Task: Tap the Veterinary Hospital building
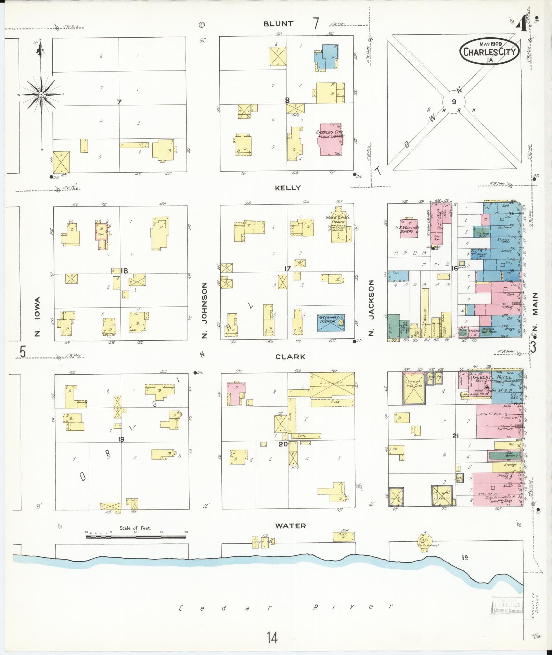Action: pos(331,323)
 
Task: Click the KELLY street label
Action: pos(288,188)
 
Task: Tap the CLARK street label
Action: pos(290,357)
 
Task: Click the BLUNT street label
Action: pos(278,24)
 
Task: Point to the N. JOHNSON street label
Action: pos(205,310)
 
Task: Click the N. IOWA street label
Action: pos(37,316)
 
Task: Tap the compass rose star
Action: pos(41,95)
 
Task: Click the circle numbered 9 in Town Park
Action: pos(454,102)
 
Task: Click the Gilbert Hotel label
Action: pos(492,377)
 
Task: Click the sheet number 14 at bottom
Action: pos(272,638)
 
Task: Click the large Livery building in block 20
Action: pos(332,385)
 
